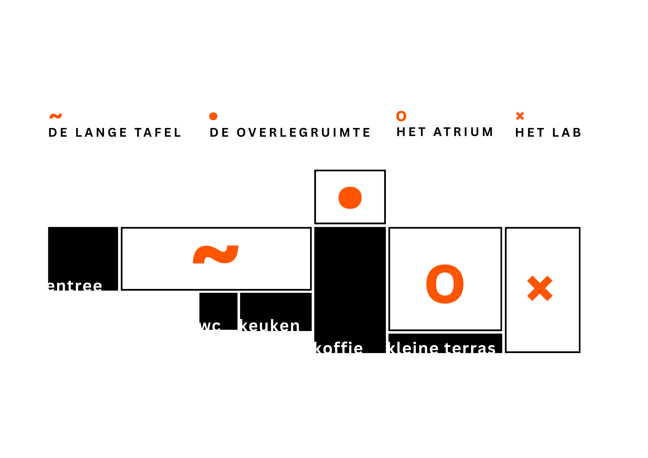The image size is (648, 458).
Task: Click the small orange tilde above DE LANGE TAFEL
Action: pyautogui.click(x=55, y=116)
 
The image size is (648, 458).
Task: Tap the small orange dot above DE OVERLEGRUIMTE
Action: pyautogui.click(x=213, y=116)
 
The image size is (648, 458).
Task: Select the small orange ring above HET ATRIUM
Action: pyautogui.click(x=401, y=116)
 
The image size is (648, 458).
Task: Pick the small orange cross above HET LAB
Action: pyautogui.click(x=520, y=116)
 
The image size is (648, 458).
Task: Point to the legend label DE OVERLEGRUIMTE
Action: pyautogui.click(x=290, y=133)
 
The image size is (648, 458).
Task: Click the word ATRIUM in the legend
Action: pyautogui.click(x=463, y=132)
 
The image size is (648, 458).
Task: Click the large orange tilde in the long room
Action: pyautogui.click(x=215, y=255)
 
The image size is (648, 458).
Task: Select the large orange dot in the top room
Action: pyautogui.click(x=350, y=198)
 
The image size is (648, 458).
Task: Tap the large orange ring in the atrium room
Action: pyautogui.click(x=445, y=284)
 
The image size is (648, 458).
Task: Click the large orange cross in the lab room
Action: pyautogui.click(x=540, y=288)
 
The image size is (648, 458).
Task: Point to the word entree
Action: pyautogui.click(x=75, y=286)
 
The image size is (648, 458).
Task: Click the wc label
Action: pyautogui.click(x=210, y=325)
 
